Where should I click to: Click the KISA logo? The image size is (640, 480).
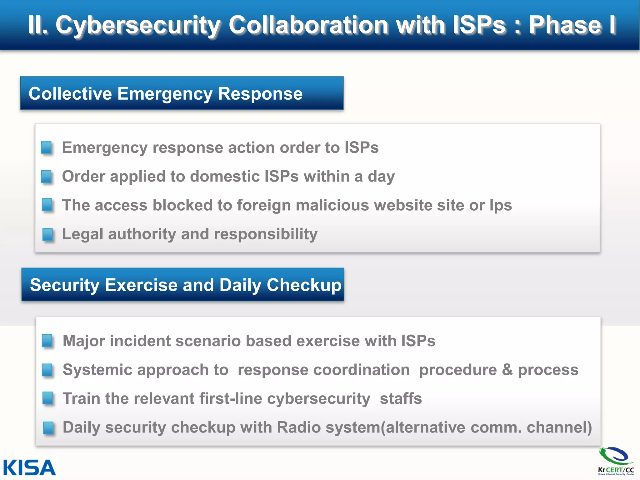coord(29,468)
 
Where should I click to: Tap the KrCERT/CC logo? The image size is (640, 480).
coord(616,461)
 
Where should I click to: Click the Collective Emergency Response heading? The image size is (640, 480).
coord(166,93)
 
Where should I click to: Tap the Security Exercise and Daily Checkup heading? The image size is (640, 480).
coord(186,285)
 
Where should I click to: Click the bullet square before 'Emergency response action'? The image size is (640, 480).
coord(47,147)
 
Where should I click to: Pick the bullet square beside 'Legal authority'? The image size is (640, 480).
coord(48,234)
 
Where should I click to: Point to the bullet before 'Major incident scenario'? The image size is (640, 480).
coord(47,341)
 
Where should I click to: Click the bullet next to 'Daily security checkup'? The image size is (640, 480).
coord(48,428)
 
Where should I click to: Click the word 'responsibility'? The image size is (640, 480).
coord(266,234)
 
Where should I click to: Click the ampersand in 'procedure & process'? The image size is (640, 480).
coord(507,370)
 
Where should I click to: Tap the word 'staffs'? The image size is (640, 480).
coord(401,399)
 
